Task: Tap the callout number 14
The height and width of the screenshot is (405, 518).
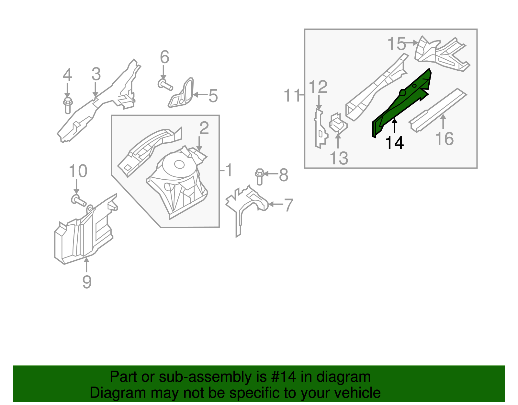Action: click(394, 143)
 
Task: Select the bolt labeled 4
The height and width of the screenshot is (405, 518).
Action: click(67, 105)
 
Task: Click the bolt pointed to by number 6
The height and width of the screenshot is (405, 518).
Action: click(165, 85)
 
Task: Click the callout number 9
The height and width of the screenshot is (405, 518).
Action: click(87, 281)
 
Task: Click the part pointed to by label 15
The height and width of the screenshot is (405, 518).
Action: click(442, 54)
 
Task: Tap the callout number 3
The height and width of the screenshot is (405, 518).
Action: click(96, 74)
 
